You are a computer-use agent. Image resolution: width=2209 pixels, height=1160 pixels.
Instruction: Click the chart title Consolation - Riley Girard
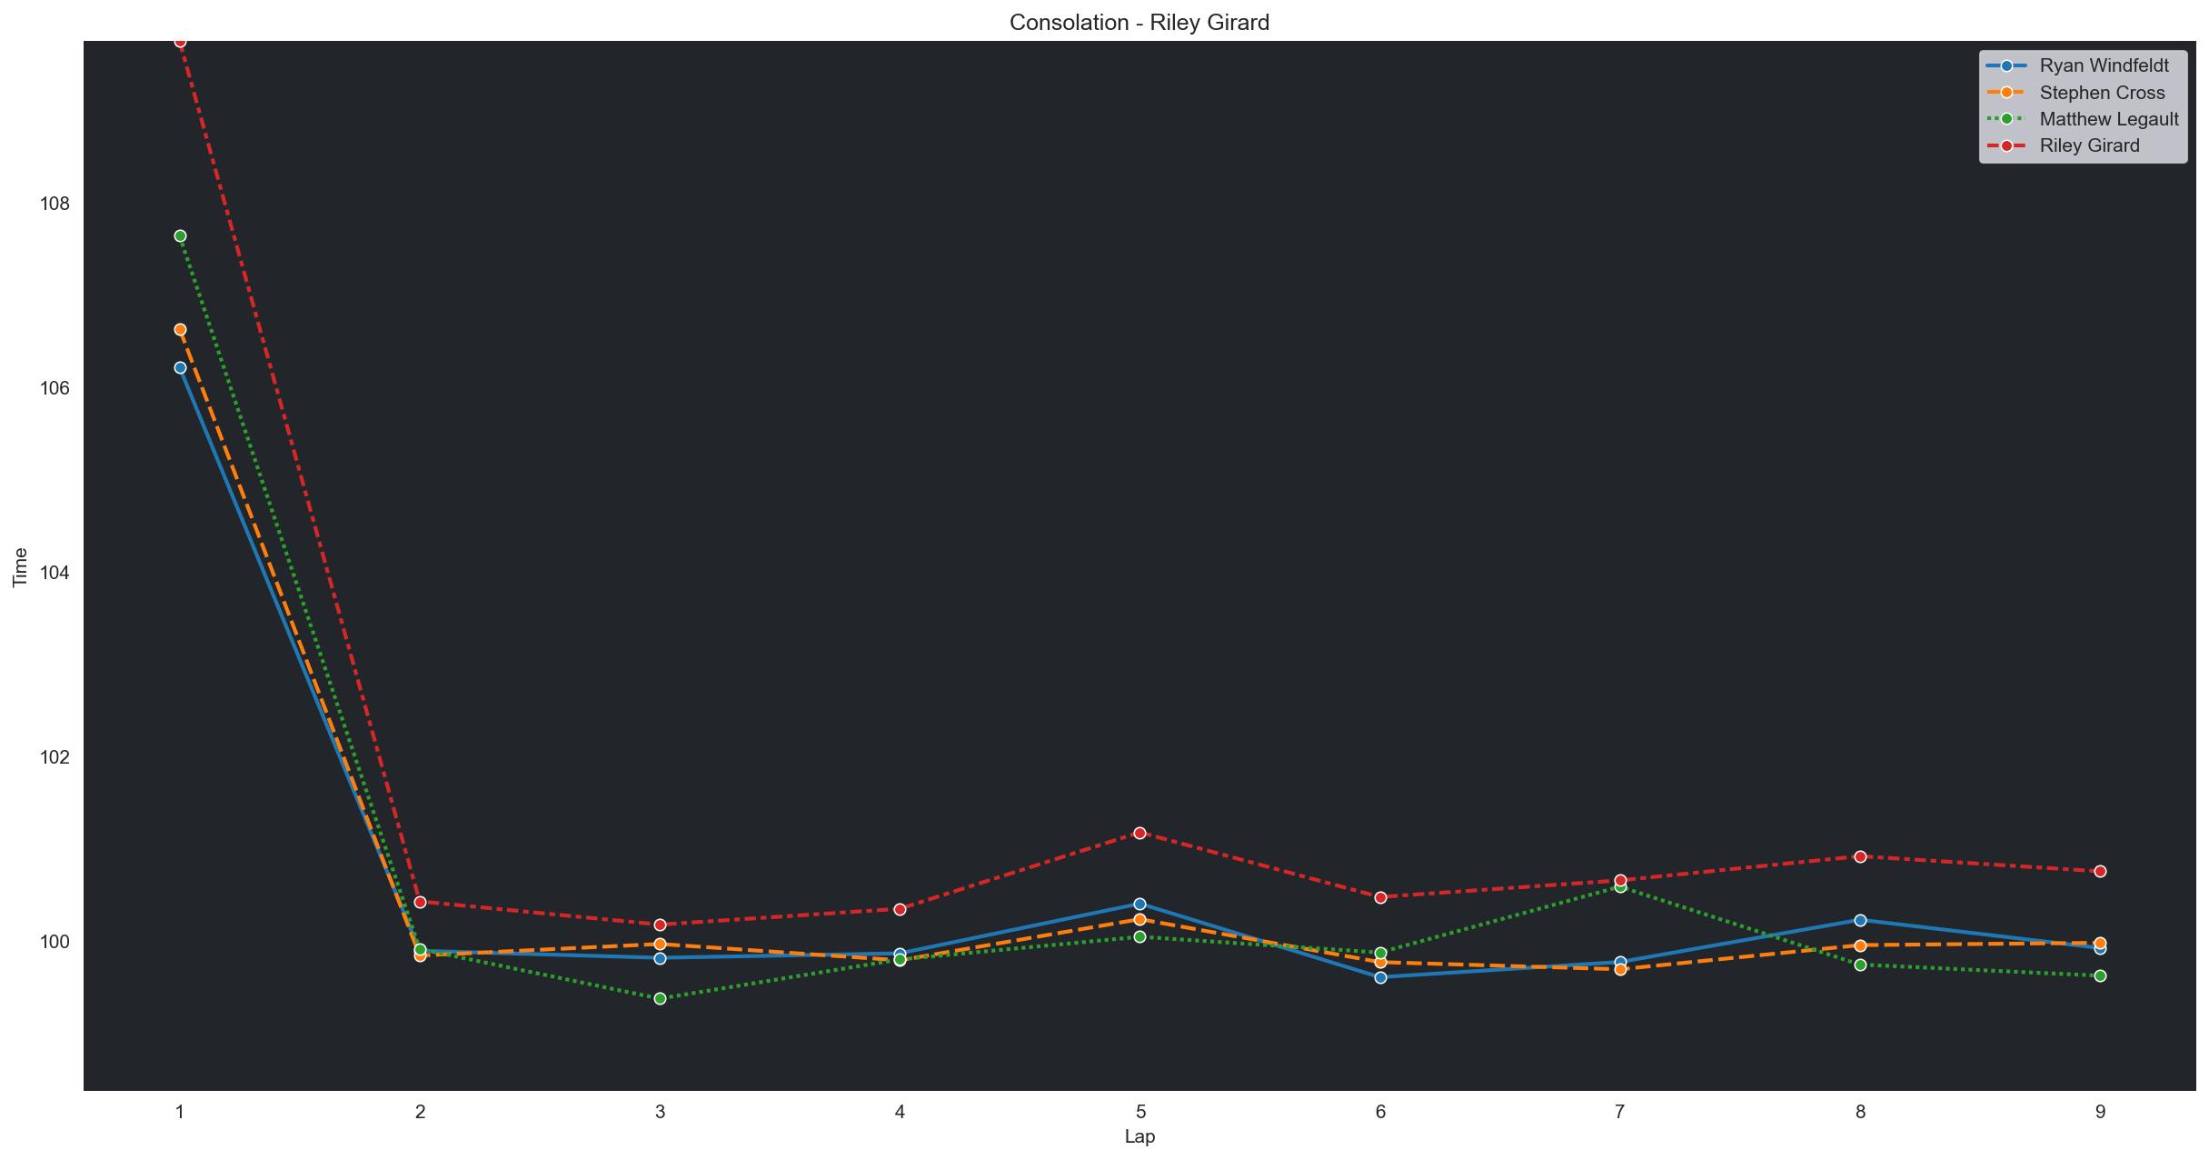coord(1139,23)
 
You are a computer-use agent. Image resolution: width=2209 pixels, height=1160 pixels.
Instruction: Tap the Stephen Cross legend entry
coord(2102,93)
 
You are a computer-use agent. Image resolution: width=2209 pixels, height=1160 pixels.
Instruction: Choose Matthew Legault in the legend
coord(2108,119)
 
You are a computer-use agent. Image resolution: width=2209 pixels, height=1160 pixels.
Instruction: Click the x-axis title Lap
coord(1139,1136)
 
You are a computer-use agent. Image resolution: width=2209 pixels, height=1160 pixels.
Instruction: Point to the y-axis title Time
coord(20,567)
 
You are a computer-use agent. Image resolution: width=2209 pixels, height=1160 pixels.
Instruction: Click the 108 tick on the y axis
coord(55,203)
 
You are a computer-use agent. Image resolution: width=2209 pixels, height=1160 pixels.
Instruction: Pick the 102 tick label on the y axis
coord(55,757)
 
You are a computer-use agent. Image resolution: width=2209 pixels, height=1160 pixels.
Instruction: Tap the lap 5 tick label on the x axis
coord(1139,1111)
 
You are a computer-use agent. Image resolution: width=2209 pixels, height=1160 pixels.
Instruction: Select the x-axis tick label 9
coord(2100,1111)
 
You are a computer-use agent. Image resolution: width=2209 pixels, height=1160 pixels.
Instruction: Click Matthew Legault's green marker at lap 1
coord(180,236)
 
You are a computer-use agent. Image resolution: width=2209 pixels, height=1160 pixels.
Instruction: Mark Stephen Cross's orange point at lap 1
coord(180,329)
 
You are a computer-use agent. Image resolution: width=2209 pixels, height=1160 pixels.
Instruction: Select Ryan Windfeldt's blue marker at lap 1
coord(180,367)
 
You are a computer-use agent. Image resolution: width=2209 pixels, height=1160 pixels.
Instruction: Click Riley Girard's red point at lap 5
coord(1139,833)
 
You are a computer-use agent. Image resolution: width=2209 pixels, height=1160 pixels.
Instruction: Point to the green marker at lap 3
coord(660,999)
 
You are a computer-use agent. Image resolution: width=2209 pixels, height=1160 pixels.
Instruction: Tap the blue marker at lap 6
coord(1380,977)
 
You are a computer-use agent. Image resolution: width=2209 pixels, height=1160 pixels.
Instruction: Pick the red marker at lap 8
coord(1860,856)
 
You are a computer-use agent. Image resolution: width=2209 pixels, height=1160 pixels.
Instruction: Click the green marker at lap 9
coord(2100,975)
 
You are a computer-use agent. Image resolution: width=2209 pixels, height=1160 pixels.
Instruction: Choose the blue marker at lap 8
coord(1860,920)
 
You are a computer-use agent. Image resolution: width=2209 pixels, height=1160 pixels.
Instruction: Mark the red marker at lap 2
coord(420,902)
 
